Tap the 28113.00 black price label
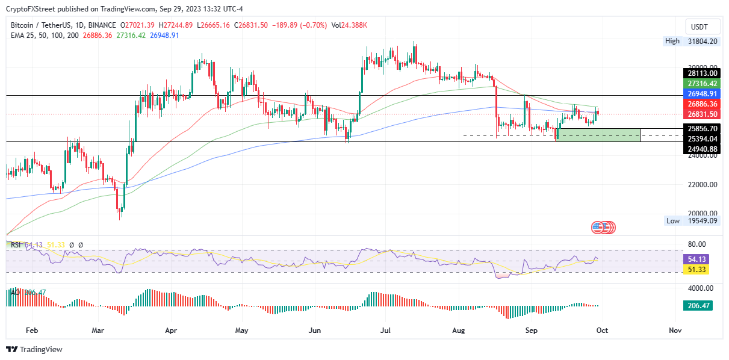703,73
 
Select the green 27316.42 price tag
703,84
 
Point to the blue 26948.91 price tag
703,94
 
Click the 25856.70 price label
703,128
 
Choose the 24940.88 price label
703,149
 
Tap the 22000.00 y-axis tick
703,184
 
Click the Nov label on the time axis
675,331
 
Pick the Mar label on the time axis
99,331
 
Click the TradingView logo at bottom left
34,349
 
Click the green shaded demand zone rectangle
599,135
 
